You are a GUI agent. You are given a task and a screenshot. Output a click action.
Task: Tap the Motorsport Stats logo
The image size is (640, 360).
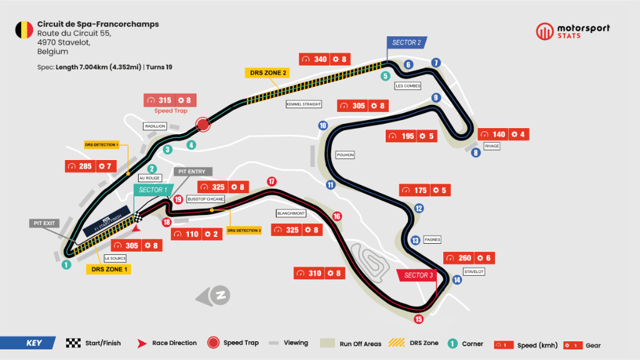573,31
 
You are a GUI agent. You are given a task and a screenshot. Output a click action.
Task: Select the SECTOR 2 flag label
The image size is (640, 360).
406,42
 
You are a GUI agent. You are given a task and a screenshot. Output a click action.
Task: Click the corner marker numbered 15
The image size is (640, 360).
419,319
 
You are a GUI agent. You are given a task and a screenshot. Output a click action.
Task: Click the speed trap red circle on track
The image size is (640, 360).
202,125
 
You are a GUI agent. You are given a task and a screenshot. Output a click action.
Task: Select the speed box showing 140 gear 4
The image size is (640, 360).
503,134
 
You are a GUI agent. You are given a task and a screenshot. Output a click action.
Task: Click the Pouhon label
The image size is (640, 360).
345,154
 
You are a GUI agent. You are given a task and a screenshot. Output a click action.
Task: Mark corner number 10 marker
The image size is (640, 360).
322,126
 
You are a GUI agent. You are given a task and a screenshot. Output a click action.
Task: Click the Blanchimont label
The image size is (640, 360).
291,213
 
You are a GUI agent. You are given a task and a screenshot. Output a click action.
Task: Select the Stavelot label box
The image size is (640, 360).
474,272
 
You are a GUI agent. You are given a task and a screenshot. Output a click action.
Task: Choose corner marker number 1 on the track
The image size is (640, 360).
65,264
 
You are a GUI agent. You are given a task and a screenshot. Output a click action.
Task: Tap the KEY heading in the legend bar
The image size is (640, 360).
34,342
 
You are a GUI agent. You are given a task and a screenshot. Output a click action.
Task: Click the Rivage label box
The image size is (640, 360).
492,147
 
